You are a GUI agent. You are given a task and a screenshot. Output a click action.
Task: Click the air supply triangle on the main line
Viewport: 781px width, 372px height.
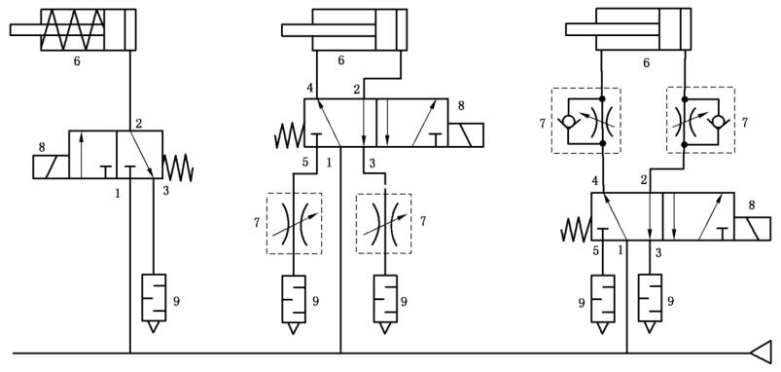point(761,353)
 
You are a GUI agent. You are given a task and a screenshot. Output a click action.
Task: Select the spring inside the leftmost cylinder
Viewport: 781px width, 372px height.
point(74,30)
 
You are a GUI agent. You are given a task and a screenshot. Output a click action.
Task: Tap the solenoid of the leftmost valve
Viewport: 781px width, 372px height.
point(51,167)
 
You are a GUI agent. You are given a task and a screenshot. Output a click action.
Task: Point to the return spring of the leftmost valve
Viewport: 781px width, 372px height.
point(178,167)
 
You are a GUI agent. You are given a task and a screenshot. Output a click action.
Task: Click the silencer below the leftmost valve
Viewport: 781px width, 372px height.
point(154,303)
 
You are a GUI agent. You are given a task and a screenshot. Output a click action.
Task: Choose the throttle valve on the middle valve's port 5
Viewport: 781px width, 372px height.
point(294,223)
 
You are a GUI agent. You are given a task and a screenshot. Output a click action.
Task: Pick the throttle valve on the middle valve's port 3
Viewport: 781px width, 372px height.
point(384,223)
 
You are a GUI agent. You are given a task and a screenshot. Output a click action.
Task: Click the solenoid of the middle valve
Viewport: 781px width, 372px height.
point(465,135)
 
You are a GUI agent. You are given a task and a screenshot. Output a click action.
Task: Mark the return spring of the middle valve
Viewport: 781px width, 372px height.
point(290,135)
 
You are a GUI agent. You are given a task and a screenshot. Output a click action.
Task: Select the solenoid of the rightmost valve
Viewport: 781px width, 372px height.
point(752,229)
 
